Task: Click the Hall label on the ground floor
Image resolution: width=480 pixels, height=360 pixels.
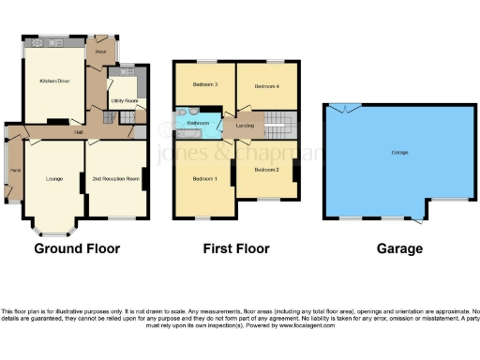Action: (81, 132)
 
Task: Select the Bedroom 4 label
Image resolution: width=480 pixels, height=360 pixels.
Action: (266, 85)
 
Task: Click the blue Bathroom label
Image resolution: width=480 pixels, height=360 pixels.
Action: (198, 123)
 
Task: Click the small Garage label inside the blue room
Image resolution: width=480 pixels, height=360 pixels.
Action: (392, 152)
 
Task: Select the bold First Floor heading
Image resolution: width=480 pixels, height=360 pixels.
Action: (235, 249)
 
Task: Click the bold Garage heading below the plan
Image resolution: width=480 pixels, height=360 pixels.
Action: (398, 249)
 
